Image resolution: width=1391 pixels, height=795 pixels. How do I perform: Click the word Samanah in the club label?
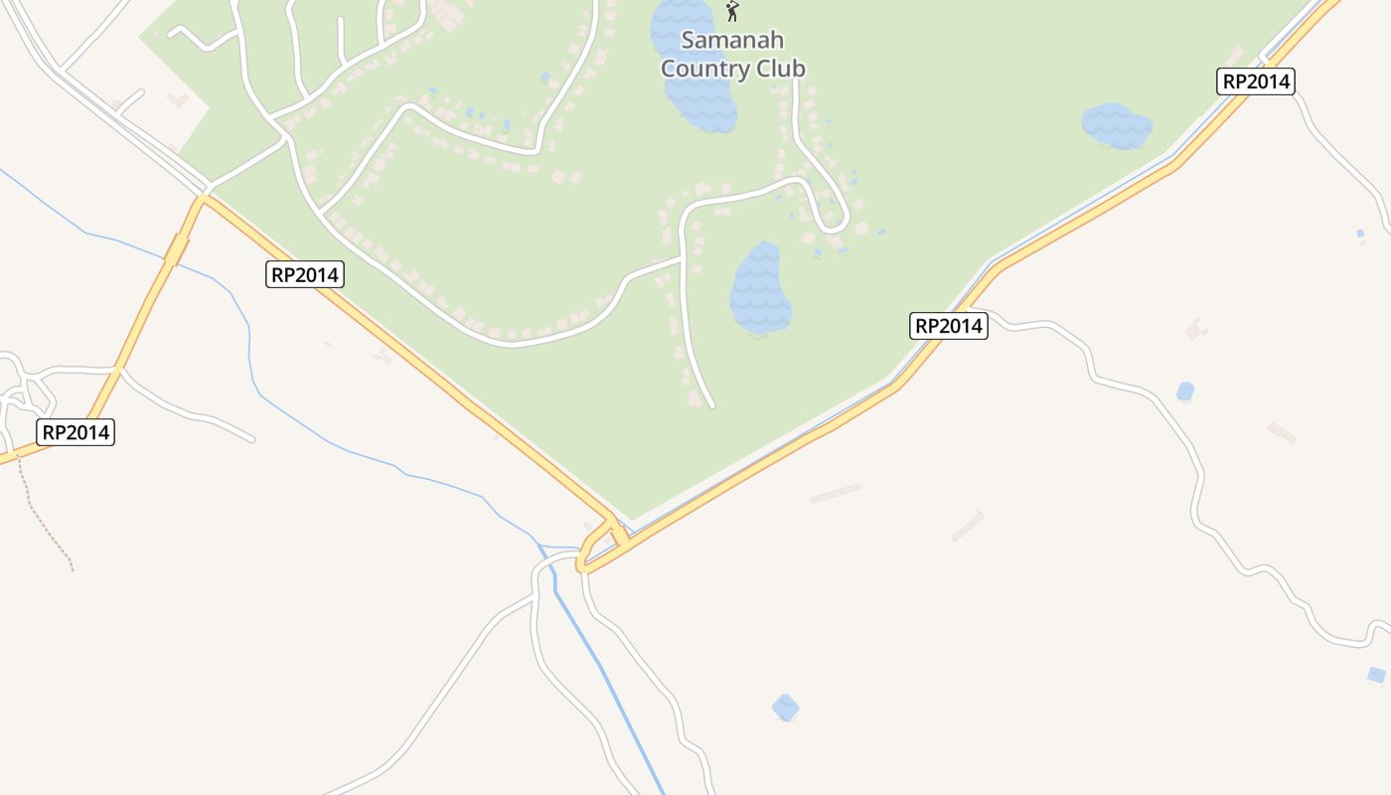click(732, 41)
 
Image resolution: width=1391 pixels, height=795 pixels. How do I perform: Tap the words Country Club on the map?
click(732, 69)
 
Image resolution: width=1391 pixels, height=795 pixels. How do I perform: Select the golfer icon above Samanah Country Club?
click(732, 12)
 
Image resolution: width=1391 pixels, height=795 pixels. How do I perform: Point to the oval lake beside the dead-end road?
click(760, 288)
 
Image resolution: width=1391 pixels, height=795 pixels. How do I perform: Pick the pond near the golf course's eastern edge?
click(1117, 126)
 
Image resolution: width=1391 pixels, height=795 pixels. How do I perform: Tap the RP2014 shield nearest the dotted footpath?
click(77, 432)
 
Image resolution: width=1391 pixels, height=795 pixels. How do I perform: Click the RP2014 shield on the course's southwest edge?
click(305, 274)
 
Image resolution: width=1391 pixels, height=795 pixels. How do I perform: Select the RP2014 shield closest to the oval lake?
click(948, 326)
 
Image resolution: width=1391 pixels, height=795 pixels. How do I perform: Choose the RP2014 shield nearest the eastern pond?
click(1256, 81)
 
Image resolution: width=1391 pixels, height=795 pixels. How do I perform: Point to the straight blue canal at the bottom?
click(606, 676)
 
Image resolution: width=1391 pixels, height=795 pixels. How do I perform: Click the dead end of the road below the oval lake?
click(710, 404)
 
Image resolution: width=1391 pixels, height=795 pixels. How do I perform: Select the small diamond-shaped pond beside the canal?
click(785, 708)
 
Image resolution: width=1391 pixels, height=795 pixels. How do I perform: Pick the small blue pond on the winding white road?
click(1184, 392)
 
